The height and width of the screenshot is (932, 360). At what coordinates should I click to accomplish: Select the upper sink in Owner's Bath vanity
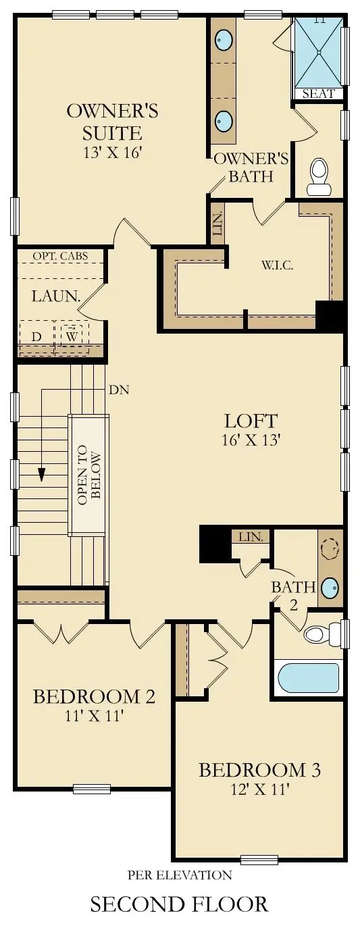[x=224, y=41]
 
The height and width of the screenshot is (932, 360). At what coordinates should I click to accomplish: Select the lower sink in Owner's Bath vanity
[x=224, y=122]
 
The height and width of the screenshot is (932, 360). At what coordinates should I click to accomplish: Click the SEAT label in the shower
[x=318, y=94]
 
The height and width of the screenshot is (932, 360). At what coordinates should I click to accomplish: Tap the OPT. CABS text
[x=59, y=257]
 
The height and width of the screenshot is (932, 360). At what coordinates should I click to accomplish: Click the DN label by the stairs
[x=118, y=390]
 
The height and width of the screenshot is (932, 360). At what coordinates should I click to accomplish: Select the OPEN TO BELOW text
[x=88, y=474]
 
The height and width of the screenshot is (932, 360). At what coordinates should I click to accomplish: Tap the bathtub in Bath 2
[x=308, y=677]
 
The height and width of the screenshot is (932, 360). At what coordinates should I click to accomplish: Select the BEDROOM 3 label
[x=259, y=770]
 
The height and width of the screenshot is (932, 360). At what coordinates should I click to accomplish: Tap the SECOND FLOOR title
[x=179, y=904]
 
